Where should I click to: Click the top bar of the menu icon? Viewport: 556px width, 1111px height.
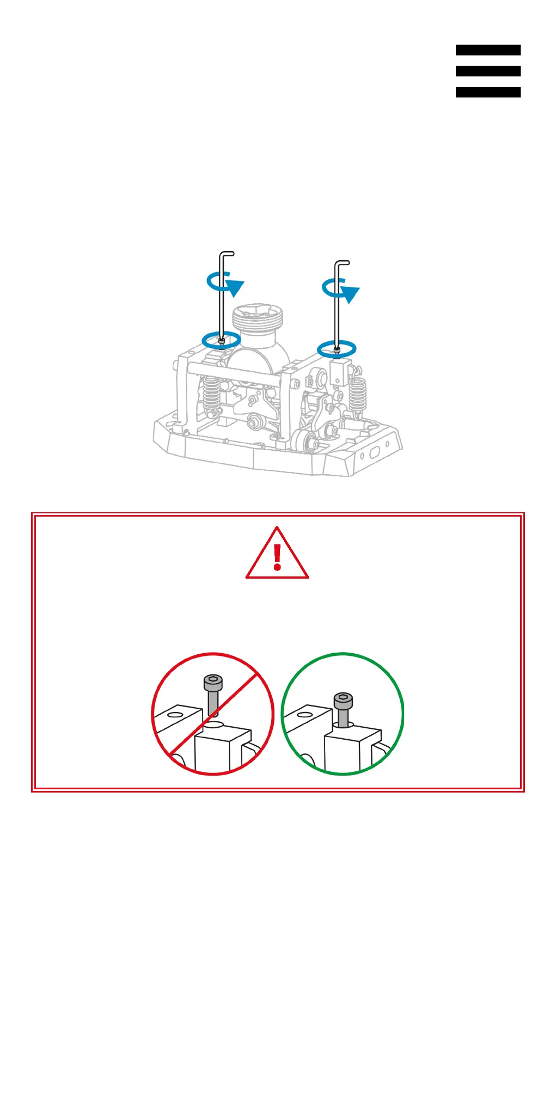pyautogui.click(x=488, y=50)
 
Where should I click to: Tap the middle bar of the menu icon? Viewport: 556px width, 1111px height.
pyautogui.click(x=488, y=71)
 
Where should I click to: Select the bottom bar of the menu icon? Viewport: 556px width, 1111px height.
pyautogui.click(x=488, y=93)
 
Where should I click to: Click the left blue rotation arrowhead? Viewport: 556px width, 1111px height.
pyautogui.click(x=235, y=287)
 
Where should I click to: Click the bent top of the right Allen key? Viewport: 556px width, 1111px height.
pyautogui.click(x=342, y=263)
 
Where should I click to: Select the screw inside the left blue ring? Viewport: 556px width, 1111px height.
pyautogui.click(x=222, y=341)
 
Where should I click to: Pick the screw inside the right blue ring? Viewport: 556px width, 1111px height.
pyautogui.click(x=337, y=350)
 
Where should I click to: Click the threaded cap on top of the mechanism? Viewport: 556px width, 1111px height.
pyautogui.click(x=258, y=317)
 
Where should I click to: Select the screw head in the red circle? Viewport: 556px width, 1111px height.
pyautogui.click(x=213, y=682)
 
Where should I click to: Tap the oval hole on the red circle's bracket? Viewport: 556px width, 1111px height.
pyautogui.click(x=175, y=714)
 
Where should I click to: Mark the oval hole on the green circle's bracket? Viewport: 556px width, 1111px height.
pyautogui.click(x=305, y=714)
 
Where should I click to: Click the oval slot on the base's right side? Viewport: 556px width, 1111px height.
pyautogui.click(x=375, y=453)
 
